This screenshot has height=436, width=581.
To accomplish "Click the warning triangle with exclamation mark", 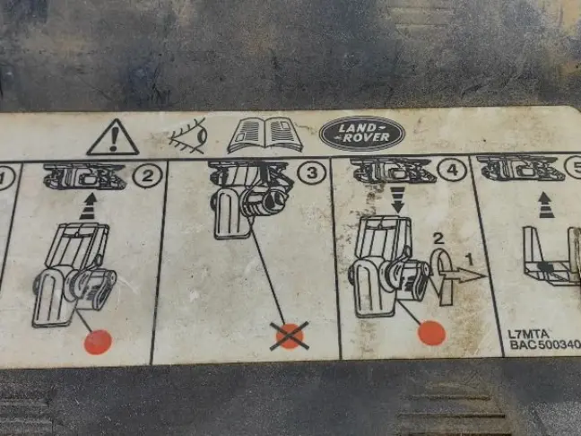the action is point(113,137).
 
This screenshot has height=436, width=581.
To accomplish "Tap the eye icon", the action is point(188,136).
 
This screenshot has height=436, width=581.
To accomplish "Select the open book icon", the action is point(264,135).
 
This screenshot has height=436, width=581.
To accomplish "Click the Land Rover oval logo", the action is point(361,134).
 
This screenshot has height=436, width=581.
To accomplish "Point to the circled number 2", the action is point(147,175).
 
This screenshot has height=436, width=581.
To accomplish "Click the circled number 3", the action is point(312,173).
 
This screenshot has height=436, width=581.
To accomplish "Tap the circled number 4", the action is point(452,170).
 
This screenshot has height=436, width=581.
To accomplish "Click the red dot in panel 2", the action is point(98,342).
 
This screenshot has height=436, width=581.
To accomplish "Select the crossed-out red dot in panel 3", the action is point(290,336).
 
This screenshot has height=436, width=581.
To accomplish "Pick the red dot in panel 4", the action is point(431,333).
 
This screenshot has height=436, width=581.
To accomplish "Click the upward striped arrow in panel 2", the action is point(89,207).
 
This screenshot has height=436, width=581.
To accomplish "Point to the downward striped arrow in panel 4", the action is point(398,199).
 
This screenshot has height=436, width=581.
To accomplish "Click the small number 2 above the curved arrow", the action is point(438,239).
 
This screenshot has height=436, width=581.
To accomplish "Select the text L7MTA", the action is point(528,334).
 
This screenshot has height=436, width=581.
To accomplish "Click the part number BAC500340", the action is point(545,344).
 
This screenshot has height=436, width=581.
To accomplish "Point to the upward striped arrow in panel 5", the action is point(545,205).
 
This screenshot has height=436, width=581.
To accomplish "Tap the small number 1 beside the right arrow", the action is point(470,259).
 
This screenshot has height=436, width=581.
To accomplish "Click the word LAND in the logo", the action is point(357,128).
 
